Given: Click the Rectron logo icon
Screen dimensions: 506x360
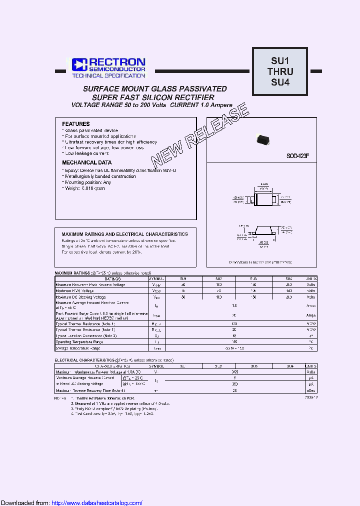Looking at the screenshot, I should point(79,64).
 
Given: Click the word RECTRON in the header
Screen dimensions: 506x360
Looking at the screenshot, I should point(117,62).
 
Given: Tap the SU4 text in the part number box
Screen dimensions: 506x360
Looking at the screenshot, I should point(280,82).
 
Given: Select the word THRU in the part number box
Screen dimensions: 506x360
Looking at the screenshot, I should point(280,71).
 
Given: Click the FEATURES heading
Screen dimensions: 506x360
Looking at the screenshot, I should point(76,124).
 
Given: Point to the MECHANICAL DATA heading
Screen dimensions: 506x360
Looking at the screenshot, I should point(86,162).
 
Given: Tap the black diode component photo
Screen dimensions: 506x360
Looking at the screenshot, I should point(263,140).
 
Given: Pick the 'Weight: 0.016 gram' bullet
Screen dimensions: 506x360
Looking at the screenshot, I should point(84,188).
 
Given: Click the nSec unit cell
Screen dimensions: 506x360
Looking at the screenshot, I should point(311,390).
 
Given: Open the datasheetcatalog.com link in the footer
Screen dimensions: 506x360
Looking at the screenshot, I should point(97,502).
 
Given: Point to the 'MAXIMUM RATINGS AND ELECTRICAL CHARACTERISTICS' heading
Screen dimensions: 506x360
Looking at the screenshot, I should point(124,234).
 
